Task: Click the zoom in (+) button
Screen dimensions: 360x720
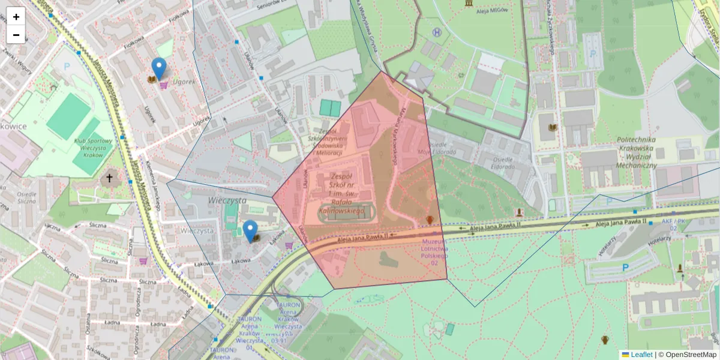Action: tap(16, 17)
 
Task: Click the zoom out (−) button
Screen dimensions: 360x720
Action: tap(16, 35)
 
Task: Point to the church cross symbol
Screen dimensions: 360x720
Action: tap(109, 178)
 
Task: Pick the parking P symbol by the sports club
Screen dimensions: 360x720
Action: tap(67, 66)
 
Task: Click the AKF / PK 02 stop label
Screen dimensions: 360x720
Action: tap(673, 224)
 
